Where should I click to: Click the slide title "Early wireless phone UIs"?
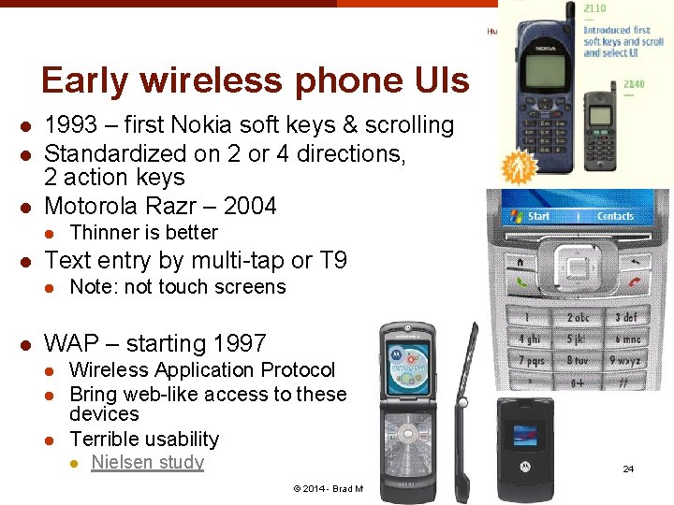(x=255, y=81)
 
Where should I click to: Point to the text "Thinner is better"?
(x=143, y=233)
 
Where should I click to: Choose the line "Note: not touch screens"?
(x=178, y=287)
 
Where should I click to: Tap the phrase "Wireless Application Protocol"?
(x=202, y=370)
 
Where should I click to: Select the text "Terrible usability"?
(x=144, y=439)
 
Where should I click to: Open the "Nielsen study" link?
(x=147, y=462)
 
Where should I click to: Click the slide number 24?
(x=628, y=469)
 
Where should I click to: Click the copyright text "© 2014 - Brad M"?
(x=328, y=489)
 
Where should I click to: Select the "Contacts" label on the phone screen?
(x=615, y=216)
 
